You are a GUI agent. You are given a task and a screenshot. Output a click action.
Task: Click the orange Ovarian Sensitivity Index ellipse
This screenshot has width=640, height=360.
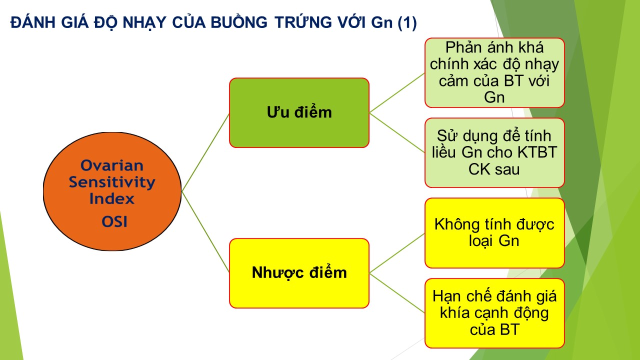(x=112, y=191)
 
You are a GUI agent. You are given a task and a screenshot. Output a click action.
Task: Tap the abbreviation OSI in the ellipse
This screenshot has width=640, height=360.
(x=114, y=221)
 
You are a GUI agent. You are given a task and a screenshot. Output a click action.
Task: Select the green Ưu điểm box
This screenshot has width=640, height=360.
(x=299, y=113)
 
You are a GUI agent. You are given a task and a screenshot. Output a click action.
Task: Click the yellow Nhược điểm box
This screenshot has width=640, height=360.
(x=299, y=273)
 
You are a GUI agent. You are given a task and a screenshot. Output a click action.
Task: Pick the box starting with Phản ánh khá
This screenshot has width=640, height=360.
(x=494, y=73)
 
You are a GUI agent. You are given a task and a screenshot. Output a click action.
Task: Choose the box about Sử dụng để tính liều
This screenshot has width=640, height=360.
(x=494, y=153)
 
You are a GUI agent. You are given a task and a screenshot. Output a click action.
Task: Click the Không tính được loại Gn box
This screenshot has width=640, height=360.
(x=494, y=233)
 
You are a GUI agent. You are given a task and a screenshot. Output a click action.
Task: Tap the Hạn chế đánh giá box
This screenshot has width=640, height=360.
(x=494, y=313)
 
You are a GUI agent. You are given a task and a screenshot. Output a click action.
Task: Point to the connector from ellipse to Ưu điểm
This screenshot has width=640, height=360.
(x=205, y=152)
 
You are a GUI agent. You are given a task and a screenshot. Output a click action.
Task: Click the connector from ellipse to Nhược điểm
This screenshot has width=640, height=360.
(x=205, y=232)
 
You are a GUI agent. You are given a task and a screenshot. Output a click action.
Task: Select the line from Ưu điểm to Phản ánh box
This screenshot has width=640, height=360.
(x=397, y=93)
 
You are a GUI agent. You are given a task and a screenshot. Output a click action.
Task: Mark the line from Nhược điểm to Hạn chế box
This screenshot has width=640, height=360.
(x=397, y=293)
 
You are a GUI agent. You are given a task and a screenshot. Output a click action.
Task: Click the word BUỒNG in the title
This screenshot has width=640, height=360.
(x=239, y=22)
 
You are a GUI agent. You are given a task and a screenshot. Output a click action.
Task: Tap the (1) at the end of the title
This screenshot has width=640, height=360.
(x=407, y=23)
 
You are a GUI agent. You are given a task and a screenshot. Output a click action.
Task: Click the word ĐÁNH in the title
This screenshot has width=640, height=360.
(x=33, y=22)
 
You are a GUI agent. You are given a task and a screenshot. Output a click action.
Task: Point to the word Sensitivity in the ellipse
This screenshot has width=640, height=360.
(x=112, y=182)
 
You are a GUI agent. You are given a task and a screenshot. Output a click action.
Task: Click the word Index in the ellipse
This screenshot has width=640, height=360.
(x=111, y=198)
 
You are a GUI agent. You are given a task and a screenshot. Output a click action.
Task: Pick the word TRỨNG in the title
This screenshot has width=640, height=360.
(x=299, y=22)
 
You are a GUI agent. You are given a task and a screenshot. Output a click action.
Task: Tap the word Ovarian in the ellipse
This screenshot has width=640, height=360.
(x=112, y=165)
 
